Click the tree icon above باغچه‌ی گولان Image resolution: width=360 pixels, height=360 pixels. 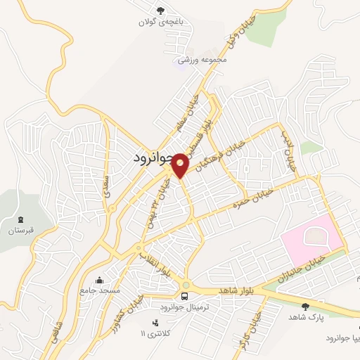[x=161, y=10]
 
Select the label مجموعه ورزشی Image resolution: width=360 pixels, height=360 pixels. [x=202, y=60]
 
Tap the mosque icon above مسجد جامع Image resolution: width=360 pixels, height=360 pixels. [x=99, y=279]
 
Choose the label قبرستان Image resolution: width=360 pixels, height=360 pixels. [x=20, y=230]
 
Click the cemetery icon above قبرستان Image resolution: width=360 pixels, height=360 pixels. [x=20, y=219]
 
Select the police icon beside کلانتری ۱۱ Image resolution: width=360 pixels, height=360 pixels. [x=155, y=321]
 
